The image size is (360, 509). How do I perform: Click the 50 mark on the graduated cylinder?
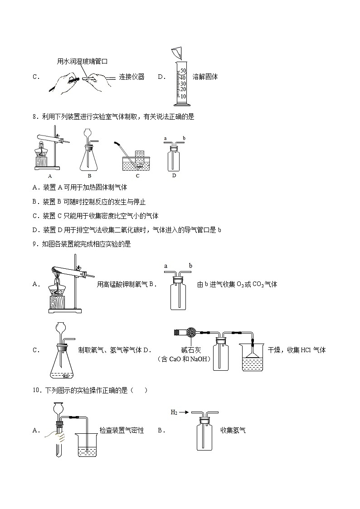[x=183, y=71]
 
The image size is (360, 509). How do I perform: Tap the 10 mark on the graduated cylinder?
[x=183, y=96]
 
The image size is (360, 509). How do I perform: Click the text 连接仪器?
[x=131, y=77]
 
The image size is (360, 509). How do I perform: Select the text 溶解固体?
[x=205, y=77]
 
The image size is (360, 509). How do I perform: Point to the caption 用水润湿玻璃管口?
[x=82, y=61]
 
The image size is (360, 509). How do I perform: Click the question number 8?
[x=34, y=116]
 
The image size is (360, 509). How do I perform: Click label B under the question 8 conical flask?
[x=89, y=175]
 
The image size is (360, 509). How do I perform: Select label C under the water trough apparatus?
[x=137, y=175]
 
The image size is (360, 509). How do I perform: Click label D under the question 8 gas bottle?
[x=174, y=175]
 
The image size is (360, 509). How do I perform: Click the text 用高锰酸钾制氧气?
[x=122, y=285]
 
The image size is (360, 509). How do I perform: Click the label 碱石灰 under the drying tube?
[x=190, y=350]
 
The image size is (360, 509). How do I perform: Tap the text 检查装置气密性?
[x=122, y=431]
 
